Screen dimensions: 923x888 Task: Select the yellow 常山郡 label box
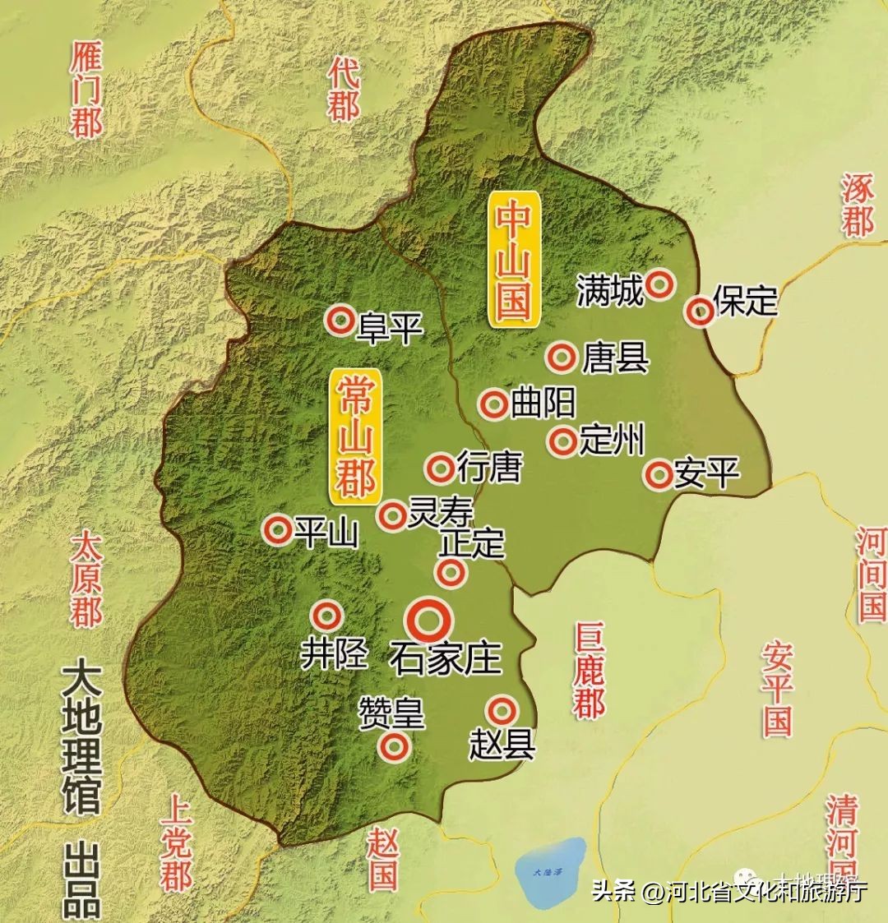pos(354,436)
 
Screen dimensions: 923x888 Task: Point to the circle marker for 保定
pos(701,312)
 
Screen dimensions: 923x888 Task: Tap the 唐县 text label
pos(615,358)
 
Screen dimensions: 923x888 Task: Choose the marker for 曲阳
pos(495,404)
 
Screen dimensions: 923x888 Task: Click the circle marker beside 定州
pos(563,441)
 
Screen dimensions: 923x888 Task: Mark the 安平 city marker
pos(659,473)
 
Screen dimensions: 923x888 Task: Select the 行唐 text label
pos(489,468)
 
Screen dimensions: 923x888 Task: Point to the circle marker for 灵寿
pos(392,515)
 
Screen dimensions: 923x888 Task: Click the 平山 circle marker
pos(277,530)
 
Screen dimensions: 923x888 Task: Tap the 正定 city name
pos(472,543)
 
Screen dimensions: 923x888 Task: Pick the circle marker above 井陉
pos(328,615)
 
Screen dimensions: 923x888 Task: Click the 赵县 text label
pos(502,745)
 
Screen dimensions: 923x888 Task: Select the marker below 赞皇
pos(394,745)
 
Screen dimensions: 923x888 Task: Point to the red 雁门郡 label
pos(85,90)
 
